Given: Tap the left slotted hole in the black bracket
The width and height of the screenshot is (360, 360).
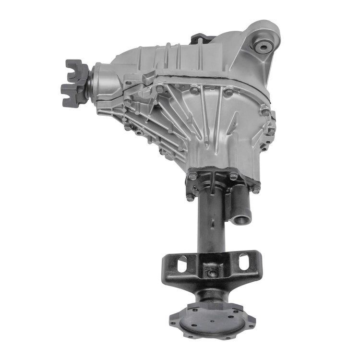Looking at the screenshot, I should pyautogui.click(x=182, y=264).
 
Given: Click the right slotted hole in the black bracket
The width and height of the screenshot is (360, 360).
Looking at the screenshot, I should pyautogui.click(x=243, y=262).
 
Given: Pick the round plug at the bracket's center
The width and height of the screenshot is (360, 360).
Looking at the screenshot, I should pyautogui.click(x=212, y=274).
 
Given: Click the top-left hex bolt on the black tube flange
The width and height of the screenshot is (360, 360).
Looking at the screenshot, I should pyautogui.click(x=192, y=176).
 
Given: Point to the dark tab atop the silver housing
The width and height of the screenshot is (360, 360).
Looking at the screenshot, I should pyautogui.click(x=200, y=38).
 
